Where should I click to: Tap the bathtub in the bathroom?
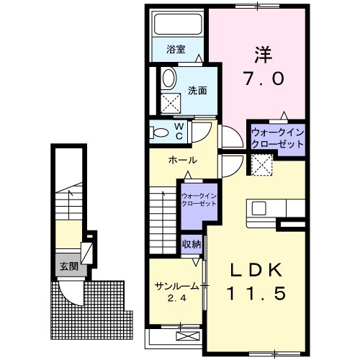click(x=177, y=26)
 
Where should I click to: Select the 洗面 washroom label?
click(x=198, y=91)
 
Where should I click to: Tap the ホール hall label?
click(x=183, y=160)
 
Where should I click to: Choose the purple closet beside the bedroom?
click(x=276, y=138)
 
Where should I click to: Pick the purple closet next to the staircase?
click(x=198, y=199)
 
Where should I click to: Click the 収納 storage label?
click(x=191, y=244)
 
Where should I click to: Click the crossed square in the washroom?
click(x=174, y=103)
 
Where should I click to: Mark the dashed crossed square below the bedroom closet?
click(x=264, y=166)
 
